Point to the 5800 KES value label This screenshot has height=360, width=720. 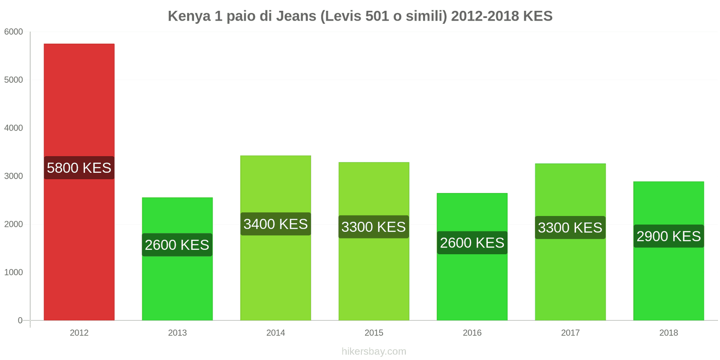click(79, 168)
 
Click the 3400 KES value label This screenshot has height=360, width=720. click(275, 224)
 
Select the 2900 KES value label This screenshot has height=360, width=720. click(668, 236)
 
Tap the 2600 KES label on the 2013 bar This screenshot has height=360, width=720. click(177, 245)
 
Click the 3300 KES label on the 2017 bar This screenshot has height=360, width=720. click(570, 228)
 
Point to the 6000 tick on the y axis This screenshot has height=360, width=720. click(13, 32)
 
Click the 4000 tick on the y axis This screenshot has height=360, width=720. click(13, 128)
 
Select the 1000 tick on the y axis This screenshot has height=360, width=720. click(13, 272)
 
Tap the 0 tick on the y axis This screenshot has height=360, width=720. click(20, 320)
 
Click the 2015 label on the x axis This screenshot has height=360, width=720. click(374, 333)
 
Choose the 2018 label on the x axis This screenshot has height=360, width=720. click(668, 333)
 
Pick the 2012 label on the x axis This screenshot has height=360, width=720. click(79, 333)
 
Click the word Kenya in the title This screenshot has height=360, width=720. click(189, 16)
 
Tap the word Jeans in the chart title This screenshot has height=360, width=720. click(296, 16)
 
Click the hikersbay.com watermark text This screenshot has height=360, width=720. click(374, 351)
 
